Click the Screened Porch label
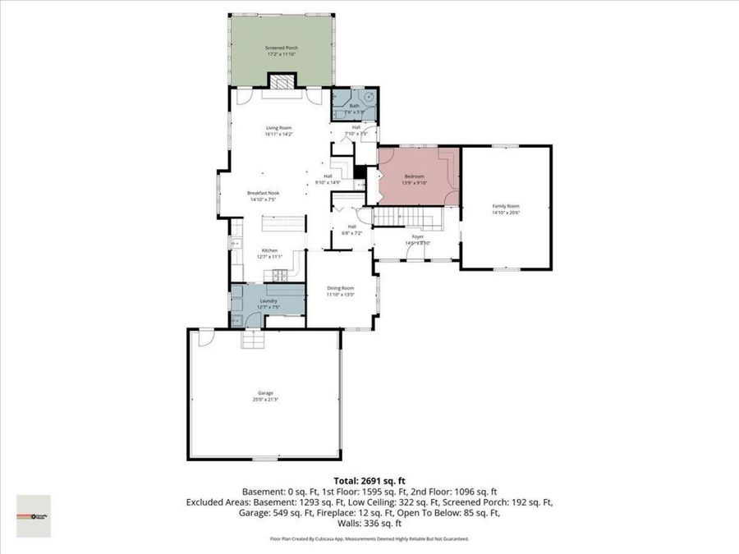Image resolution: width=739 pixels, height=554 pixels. click(281, 48)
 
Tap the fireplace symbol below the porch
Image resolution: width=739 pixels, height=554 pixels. click(281, 81)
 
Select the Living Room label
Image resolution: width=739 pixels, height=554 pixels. click(278, 128)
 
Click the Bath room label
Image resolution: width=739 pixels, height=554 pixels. click(355, 106)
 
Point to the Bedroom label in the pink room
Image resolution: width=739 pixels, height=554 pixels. click(414, 176)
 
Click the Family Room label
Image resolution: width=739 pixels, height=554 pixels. click(506, 206)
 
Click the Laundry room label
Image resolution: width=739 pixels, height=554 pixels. click(269, 301)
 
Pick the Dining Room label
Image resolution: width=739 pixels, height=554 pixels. click(340, 288)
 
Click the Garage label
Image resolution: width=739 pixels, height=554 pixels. click(264, 393)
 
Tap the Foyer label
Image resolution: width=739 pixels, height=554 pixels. click(417, 236)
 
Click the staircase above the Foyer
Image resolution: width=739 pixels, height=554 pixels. click(415, 217)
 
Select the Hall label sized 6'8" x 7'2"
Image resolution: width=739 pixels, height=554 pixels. click(351, 227)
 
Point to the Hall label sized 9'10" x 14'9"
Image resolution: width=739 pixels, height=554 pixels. click(327, 176)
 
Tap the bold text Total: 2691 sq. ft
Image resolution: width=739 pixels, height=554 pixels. click(369, 480)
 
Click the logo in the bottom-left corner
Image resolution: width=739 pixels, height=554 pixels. click(34, 515)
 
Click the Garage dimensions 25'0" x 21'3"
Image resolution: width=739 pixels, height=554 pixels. click(264, 400)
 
